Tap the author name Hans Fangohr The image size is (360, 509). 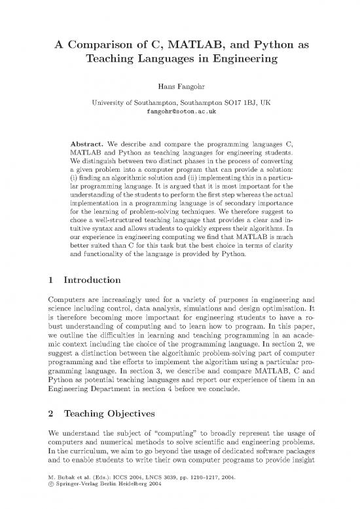pos(180,85)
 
